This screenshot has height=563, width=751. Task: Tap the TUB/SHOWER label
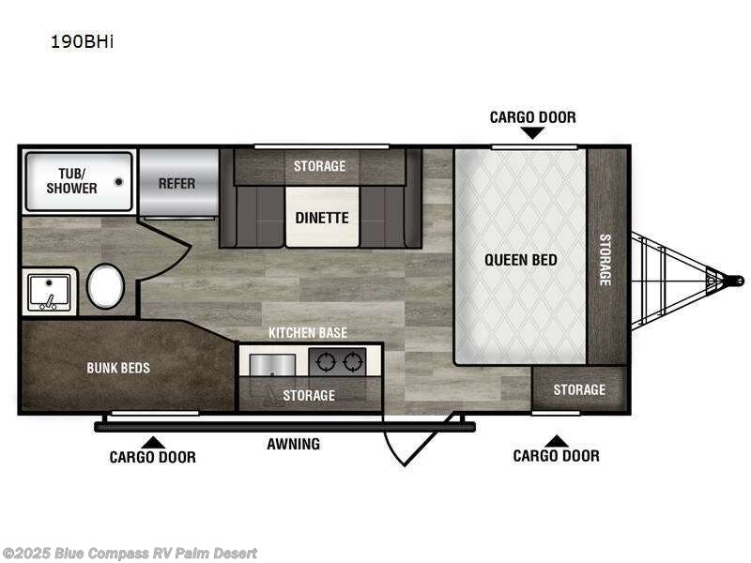click(72, 181)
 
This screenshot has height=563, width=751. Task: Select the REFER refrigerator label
click(176, 183)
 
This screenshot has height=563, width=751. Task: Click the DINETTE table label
click(322, 218)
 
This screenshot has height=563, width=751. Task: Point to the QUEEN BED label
click(520, 259)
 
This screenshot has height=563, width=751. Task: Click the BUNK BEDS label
click(118, 367)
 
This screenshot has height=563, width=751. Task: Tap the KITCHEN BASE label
click(308, 333)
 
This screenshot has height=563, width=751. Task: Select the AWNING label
click(293, 444)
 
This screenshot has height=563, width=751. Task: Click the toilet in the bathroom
click(105, 286)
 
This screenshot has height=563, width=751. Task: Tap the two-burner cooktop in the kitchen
click(338, 361)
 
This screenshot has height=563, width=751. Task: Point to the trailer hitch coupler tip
click(738, 280)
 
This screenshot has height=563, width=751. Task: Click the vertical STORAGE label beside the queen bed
click(605, 259)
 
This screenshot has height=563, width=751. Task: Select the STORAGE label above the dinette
click(319, 166)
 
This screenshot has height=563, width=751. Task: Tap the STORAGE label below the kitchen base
click(309, 395)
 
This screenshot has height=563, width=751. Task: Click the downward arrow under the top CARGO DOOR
click(532, 133)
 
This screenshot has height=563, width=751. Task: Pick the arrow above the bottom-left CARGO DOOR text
click(152, 441)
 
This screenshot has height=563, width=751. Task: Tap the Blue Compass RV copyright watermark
click(130, 554)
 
